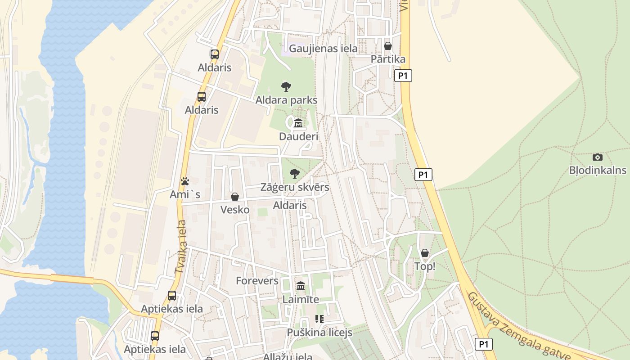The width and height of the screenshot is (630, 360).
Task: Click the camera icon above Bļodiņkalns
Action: point(598,157)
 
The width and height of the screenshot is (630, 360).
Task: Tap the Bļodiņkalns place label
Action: point(598,170)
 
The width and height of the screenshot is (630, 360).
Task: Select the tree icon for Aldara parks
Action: point(286,87)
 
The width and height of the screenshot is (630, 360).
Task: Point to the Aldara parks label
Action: point(286,100)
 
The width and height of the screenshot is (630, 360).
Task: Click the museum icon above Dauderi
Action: point(298,123)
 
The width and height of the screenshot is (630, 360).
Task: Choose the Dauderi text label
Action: point(298,136)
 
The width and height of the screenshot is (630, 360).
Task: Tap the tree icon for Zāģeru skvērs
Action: point(294,174)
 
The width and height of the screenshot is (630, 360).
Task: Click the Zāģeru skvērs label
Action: point(295,187)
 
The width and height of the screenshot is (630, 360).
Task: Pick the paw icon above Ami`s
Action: point(185,181)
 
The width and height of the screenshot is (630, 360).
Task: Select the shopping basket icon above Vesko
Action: point(235,197)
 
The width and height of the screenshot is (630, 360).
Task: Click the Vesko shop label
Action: point(235,209)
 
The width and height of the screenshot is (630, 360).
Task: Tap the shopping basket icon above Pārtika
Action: point(388,46)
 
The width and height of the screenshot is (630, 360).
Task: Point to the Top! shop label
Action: point(425,266)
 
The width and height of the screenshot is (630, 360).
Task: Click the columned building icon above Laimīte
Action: point(301,286)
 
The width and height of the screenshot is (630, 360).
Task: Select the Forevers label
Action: point(257,281)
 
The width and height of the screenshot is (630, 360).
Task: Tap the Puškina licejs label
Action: point(319,333)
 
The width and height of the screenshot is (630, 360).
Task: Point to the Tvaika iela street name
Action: point(180,247)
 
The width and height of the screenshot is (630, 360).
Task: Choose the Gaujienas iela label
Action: point(324,48)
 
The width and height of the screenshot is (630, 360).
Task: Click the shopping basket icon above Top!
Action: point(425,253)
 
